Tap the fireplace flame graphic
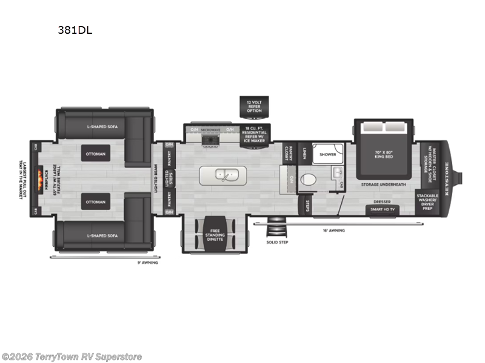41,178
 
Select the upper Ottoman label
95,154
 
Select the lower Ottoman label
95,202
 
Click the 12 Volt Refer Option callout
253,106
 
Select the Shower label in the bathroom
328,154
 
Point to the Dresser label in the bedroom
381,201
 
